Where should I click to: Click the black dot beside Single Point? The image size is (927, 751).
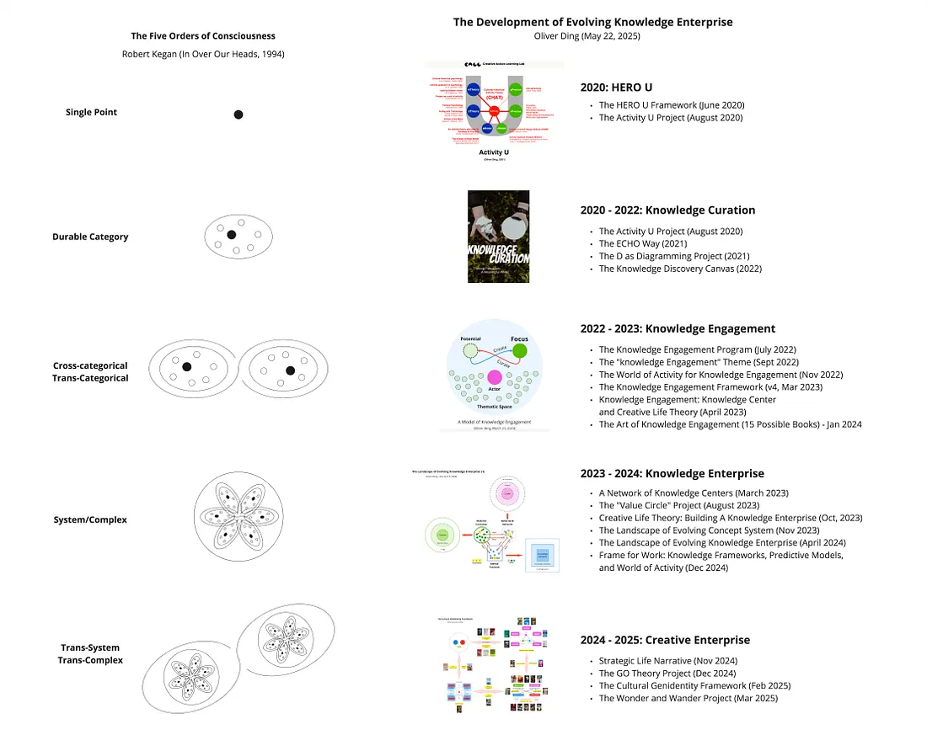coord(238,115)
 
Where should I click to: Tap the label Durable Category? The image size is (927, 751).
coord(90,237)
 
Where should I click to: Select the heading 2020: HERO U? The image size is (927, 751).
coord(616,87)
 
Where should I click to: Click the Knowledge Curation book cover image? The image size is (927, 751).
coord(498,237)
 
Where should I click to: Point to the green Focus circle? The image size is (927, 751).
coord(520,351)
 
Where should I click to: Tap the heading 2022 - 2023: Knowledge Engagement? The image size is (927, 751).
coord(678,328)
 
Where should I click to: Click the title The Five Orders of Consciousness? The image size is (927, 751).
coord(203,36)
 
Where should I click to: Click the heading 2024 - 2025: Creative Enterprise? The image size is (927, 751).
coord(665,640)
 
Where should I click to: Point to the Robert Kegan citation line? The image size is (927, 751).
coord(203,54)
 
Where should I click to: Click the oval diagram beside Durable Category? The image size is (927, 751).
coord(238,236)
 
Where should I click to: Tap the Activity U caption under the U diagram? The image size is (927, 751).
coord(494,152)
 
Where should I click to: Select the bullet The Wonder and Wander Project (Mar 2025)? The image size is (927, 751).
coord(688,698)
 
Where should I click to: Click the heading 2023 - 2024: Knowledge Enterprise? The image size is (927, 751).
coord(672,473)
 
